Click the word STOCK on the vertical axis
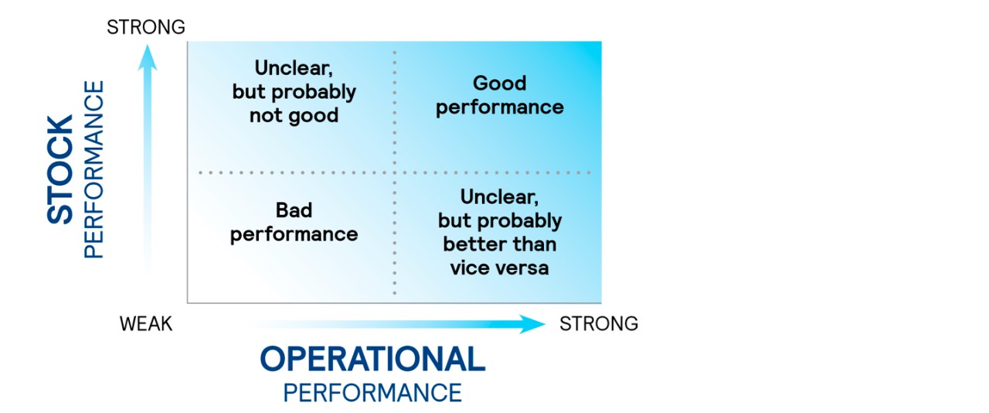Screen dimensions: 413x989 coord(61,169)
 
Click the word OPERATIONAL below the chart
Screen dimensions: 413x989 coord(372,360)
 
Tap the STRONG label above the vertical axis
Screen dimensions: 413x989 coord(146,27)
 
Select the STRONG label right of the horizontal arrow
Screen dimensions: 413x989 coord(599,323)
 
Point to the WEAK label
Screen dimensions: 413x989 coord(146,323)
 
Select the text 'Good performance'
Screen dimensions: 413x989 coord(499,95)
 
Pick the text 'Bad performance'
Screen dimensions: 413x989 coord(294,222)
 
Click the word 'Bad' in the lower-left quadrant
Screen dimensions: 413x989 coord(294,210)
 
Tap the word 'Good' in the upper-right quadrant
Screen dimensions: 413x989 coord(499,84)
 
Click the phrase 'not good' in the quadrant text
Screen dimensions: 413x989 coord(294,116)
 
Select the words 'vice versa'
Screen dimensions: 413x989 coord(499,268)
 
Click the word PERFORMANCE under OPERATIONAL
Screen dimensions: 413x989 coord(372,392)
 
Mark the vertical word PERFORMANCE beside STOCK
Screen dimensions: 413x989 coord(93,169)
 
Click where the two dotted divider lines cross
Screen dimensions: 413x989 coord(396,172)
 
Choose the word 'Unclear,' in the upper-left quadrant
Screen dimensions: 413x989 coord(294,68)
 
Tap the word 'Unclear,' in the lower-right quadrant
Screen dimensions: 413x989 coord(499,196)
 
